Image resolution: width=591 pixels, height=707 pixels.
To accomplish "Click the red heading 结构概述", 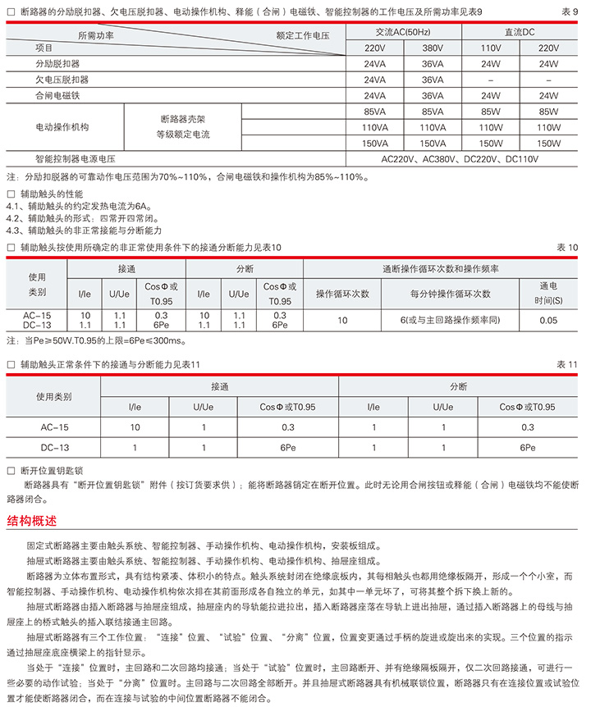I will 32,520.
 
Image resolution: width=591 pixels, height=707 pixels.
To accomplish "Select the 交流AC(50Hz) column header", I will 402,32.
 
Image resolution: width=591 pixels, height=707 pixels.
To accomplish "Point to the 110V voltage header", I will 491,48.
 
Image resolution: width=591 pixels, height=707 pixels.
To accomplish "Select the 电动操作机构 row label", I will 62,127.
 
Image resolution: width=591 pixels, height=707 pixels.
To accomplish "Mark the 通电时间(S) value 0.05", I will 548,320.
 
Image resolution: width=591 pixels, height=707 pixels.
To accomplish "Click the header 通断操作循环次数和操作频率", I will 440,269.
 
